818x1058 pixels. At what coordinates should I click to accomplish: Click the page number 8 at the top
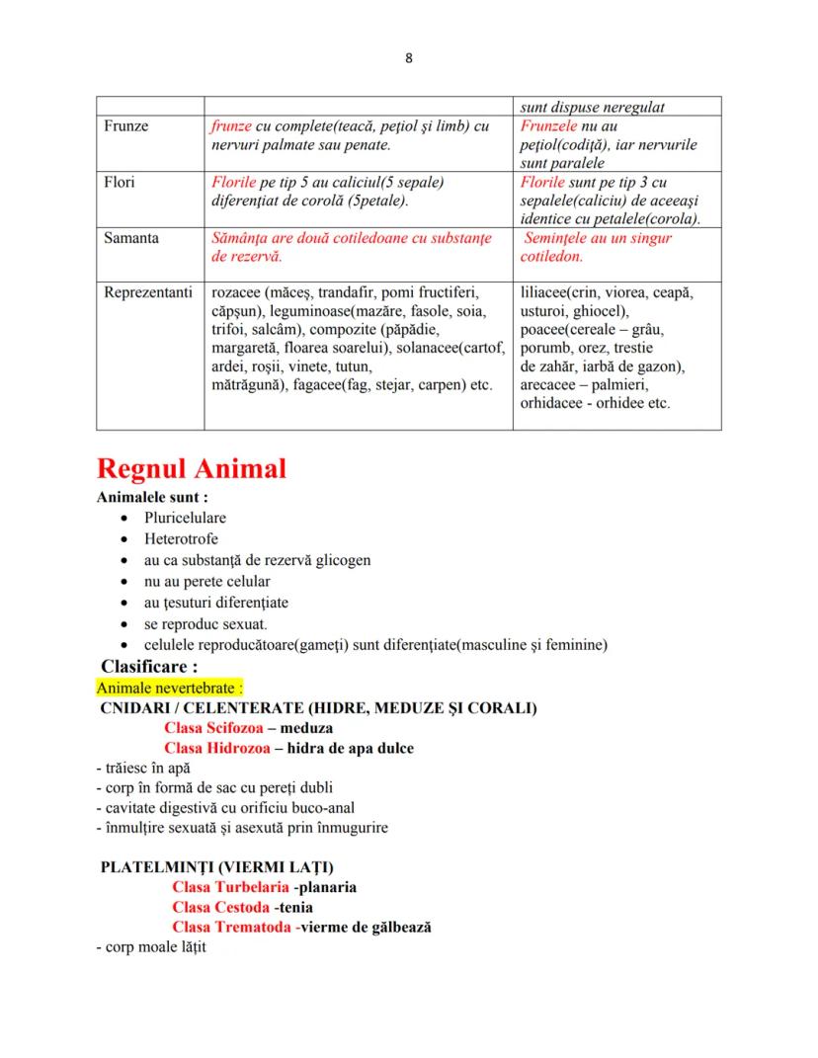pyautogui.click(x=409, y=58)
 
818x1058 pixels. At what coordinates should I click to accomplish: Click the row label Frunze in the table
pyautogui.click(x=125, y=127)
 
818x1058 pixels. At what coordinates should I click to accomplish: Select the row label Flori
pyautogui.click(x=120, y=183)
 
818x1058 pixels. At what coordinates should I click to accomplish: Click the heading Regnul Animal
pyautogui.click(x=191, y=468)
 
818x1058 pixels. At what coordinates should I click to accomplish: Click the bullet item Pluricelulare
pyautogui.click(x=185, y=518)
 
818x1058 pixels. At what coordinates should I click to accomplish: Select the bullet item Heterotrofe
pyautogui.click(x=181, y=539)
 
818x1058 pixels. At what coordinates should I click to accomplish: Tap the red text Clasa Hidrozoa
pyautogui.click(x=216, y=749)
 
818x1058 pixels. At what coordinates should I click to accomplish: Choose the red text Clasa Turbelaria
pyautogui.click(x=230, y=887)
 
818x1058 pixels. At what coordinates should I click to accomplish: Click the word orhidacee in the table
pyautogui.click(x=554, y=403)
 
